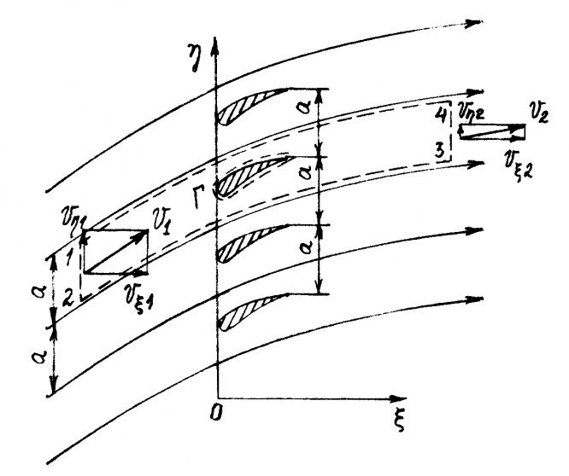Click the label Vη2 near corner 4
pyautogui.click(x=473, y=109)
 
